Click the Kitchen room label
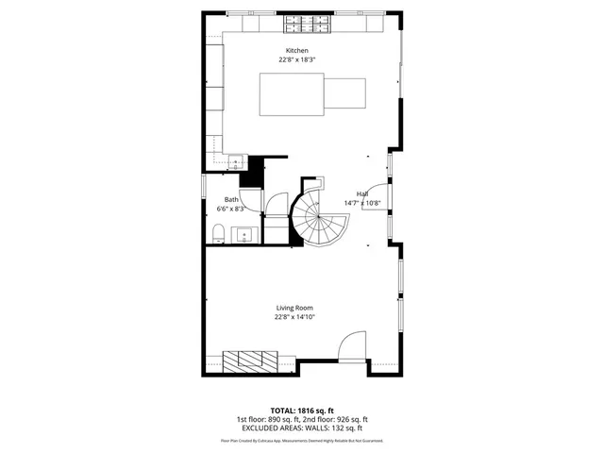pyautogui.click(x=297, y=50)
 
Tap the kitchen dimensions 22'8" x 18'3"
pyautogui.click(x=297, y=59)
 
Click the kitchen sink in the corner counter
pyautogui.click(x=235, y=162)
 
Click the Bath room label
pyautogui.click(x=231, y=199)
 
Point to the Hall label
pyautogui.click(x=361, y=193)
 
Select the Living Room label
pyautogui.click(x=294, y=308)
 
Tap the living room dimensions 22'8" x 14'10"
pyautogui.click(x=294, y=317)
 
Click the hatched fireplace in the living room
pyautogui.click(x=251, y=358)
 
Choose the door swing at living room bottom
pyautogui.click(x=351, y=346)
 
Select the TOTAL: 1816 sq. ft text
pyautogui.click(x=301, y=411)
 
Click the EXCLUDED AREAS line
pyautogui.click(x=301, y=428)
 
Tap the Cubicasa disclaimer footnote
pyautogui.click(x=301, y=441)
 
